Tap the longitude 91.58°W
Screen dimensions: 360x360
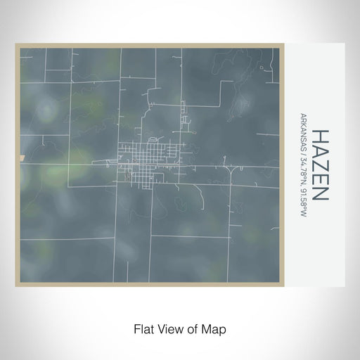click(x=303, y=202)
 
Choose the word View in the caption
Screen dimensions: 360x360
click(x=167, y=328)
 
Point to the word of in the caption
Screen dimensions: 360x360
click(x=191, y=328)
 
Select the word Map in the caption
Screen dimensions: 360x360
click(x=214, y=328)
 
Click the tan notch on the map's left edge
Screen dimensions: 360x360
click(x=21, y=157)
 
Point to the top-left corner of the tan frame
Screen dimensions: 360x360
click(x=17, y=46)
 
